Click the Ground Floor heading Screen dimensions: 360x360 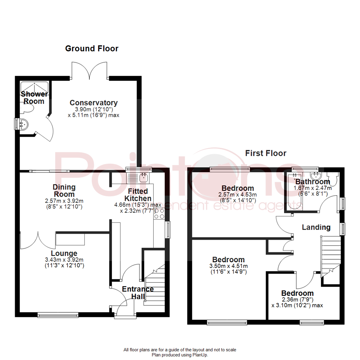tap(92, 49)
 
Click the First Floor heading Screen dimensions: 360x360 tap(266, 153)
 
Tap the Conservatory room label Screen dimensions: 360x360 tap(93, 103)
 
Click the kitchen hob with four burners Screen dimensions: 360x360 tap(159, 213)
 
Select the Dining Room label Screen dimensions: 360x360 tap(64, 190)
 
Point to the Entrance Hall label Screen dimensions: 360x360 tap(138, 293)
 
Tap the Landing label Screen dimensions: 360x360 tap(316, 227)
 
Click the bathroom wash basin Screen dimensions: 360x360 tap(315, 175)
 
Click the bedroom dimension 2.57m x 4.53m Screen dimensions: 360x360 tap(238, 195)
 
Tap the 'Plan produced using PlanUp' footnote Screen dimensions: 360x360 tap(180, 355)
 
